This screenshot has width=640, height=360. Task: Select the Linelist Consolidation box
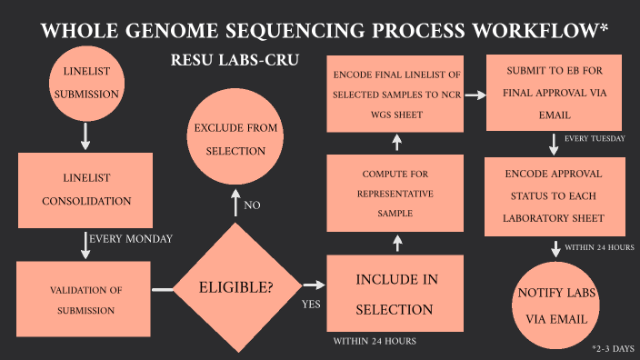click(x=86, y=187)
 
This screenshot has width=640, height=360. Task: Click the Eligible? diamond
click(x=235, y=288)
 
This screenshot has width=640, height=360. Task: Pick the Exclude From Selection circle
click(x=235, y=138)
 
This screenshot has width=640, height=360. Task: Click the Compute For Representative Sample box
click(x=396, y=193)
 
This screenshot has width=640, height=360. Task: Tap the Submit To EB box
click(x=554, y=93)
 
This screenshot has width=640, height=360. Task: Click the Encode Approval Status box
click(x=554, y=194)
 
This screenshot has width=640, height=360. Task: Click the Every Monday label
click(x=130, y=239)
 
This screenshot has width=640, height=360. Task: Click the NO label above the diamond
click(x=253, y=205)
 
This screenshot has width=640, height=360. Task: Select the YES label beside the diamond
click(x=311, y=305)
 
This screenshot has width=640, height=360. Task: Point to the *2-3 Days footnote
click(x=614, y=349)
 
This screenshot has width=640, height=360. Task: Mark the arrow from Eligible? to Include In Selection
click(x=313, y=286)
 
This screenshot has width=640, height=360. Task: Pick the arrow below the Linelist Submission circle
click(x=85, y=135)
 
